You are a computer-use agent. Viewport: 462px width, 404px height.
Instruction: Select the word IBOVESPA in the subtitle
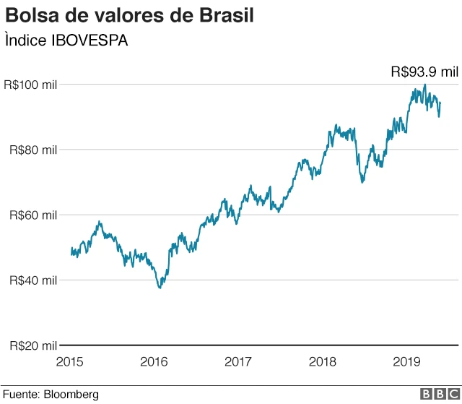click(x=90, y=41)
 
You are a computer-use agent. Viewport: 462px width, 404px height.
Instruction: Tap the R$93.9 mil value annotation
click(x=424, y=72)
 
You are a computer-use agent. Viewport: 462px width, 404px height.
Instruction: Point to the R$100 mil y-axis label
click(x=30, y=85)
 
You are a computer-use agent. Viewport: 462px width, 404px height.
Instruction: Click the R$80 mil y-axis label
click(x=32, y=150)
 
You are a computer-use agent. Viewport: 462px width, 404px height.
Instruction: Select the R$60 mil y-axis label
click(x=32, y=215)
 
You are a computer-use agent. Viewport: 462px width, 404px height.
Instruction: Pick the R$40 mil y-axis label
click(x=32, y=280)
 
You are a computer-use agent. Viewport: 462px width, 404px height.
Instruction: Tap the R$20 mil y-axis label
click(x=32, y=345)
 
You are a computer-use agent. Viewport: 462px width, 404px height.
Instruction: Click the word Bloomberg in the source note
click(x=71, y=395)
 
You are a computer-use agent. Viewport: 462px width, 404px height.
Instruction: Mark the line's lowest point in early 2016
click(x=160, y=288)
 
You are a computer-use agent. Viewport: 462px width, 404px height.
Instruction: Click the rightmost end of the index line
click(x=440, y=103)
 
